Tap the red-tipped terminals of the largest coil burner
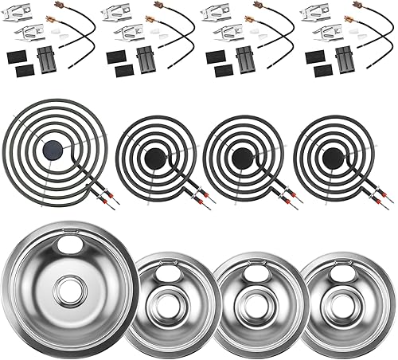tap(111, 200)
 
